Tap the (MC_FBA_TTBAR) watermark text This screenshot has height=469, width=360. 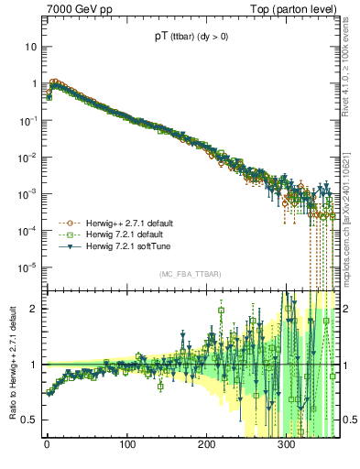[x=191, y=275]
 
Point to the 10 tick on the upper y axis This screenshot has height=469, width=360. [x=29, y=46]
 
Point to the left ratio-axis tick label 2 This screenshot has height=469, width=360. [x=33, y=309]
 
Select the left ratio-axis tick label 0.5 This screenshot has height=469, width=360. [x=29, y=420]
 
